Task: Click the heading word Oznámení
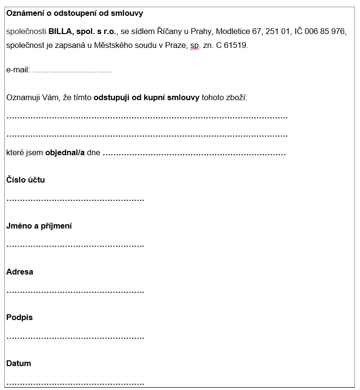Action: point(24,13)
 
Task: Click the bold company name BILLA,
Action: point(60,32)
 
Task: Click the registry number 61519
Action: point(237,46)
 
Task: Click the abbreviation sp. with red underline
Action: point(194,46)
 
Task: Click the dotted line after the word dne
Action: point(194,154)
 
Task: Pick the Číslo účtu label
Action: point(25,180)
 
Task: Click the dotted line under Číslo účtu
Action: point(75,199)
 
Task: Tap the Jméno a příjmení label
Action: point(39,226)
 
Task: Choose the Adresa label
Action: point(20,272)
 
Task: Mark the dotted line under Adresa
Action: point(75,291)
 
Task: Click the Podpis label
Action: point(19,317)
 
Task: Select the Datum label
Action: point(19,363)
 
